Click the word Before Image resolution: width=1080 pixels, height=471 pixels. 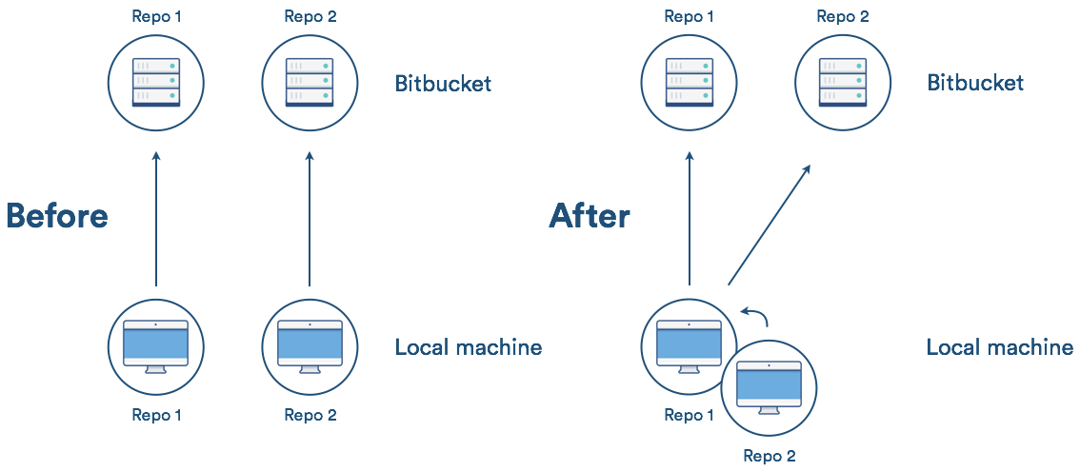[57, 216]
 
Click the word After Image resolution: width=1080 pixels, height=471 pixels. [590, 216]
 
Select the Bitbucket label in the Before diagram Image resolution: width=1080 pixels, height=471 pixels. [443, 84]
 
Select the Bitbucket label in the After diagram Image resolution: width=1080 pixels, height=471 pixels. [975, 84]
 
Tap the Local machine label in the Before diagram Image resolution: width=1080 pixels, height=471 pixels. [469, 347]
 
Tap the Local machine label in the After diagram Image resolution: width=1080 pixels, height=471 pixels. [1000, 347]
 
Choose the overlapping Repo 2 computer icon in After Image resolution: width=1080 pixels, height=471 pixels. [770, 388]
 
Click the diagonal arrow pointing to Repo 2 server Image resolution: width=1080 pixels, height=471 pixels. [770, 225]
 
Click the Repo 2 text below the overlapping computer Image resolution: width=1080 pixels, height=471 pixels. [769, 456]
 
